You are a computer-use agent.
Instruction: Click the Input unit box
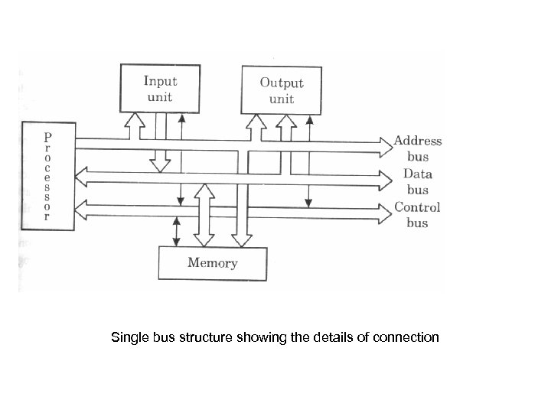159,89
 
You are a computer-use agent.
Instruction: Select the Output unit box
281,90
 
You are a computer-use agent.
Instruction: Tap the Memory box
212,263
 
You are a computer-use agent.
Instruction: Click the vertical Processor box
48,176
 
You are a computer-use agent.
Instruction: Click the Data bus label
418,182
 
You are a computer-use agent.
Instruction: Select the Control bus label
418,215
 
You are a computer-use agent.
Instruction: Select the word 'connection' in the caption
408,337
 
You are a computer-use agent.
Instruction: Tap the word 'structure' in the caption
201,337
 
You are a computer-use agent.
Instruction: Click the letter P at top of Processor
48,137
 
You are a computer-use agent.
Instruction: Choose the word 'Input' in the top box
160,81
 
